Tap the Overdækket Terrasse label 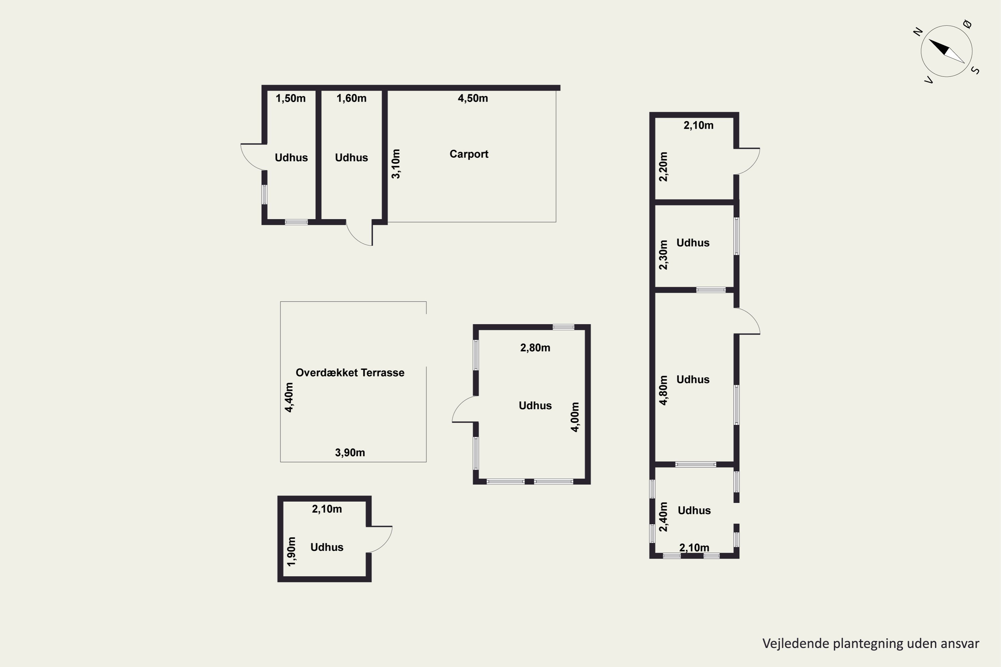point(350,373)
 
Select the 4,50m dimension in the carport point(473,98)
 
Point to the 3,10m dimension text point(396,164)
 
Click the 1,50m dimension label point(291,98)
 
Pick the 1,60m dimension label point(352,98)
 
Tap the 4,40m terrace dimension point(289,397)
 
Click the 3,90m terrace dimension point(350,453)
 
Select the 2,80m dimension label point(535,348)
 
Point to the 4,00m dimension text point(575,417)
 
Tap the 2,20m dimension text point(664,166)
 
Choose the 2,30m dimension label point(664,255)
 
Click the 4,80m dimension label point(664,390)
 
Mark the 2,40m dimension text point(664,517)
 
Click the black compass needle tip point(929,40)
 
